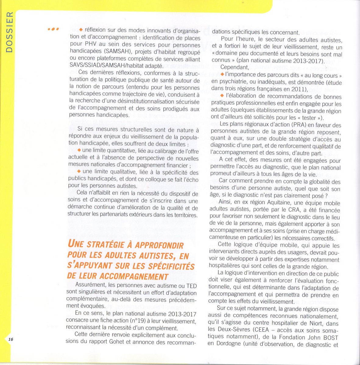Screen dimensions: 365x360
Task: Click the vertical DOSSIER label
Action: click(10, 32)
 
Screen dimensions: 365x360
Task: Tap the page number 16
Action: click(11, 339)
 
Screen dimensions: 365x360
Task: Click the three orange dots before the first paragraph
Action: click(53, 30)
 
